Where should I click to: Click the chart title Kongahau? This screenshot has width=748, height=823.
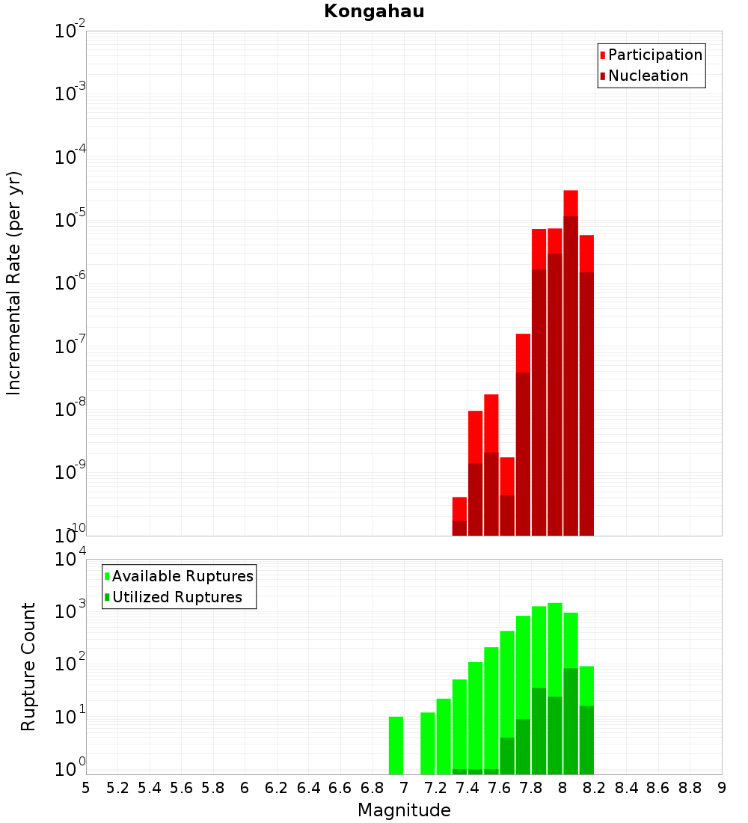[x=374, y=11]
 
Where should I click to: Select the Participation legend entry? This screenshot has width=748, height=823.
[x=651, y=55]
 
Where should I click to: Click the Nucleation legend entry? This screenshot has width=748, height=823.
[x=644, y=76]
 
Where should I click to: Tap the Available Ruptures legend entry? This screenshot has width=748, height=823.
[x=179, y=576]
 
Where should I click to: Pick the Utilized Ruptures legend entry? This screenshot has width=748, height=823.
[x=174, y=597]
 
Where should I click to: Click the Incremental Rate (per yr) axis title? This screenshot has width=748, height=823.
[x=13, y=283]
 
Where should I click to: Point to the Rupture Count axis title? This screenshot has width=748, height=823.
[x=28, y=667]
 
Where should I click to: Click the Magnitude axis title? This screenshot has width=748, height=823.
[x=404, y=810]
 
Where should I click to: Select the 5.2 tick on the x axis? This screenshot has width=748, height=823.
[x=117, y=788]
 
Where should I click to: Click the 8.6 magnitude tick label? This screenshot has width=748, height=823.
[x=658, y=788]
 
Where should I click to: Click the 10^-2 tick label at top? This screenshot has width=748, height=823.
[x=70, y=29]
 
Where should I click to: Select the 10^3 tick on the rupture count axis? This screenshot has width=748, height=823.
[x=70, y=611]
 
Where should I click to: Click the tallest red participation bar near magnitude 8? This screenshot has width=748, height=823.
[x=571, y=203]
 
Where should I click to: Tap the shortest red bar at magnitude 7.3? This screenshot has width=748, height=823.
[x=459, y=509]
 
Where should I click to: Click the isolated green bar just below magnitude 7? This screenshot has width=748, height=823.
[x=396, y=745]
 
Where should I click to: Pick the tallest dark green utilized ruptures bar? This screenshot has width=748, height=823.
[x=571, y=721]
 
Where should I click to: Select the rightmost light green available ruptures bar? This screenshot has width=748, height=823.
[x=586, y=686]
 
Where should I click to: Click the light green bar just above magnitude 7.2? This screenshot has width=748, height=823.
[x=444, y=736]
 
